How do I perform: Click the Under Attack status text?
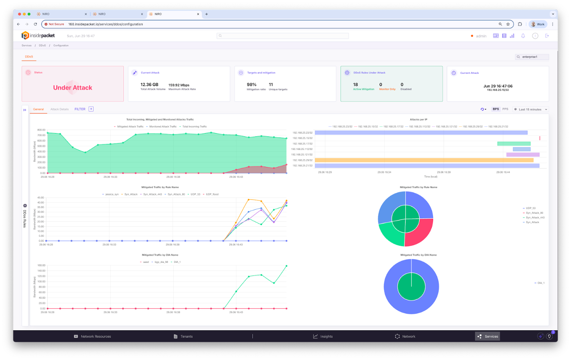(73, 88)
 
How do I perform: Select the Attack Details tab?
(59, 109)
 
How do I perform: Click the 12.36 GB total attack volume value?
(149, 85)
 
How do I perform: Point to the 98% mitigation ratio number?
(251, 85)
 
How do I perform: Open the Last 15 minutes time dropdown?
(530, 109)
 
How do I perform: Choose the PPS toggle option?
(505, 109)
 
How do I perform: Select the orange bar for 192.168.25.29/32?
(423, 160)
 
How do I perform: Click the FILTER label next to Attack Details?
(80, 109)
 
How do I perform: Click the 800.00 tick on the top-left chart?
(41, 130)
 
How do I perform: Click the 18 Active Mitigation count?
(356, 85)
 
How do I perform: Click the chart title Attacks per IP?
(418, 120)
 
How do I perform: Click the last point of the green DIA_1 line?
(286, 266)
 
